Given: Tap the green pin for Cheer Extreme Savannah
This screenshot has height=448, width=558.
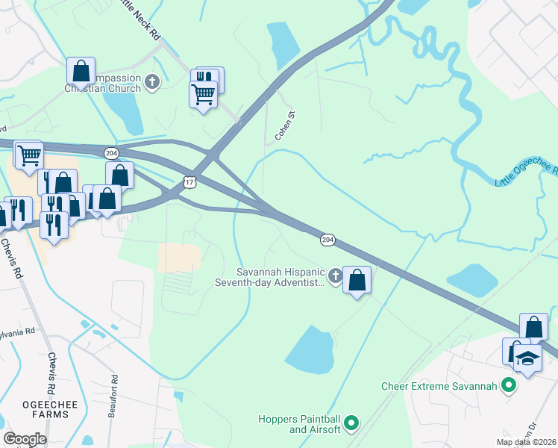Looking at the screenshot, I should tap(510, 386).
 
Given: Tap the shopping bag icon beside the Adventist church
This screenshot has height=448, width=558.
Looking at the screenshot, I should tap(357, 281).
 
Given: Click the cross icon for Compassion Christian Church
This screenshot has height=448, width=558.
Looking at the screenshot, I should tap(152, 81).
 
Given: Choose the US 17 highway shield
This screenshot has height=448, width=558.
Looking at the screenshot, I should tap(189, 181).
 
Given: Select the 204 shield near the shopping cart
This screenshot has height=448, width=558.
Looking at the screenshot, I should tap(111, 153).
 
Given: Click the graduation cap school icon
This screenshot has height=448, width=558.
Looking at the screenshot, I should tap(527, 358).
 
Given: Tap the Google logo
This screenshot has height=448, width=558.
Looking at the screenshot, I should tap(25, 439).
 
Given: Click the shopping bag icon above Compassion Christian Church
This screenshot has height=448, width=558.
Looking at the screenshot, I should tap(81, 72).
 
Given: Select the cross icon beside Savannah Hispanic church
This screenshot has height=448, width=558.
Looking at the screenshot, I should tap(335, 277).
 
